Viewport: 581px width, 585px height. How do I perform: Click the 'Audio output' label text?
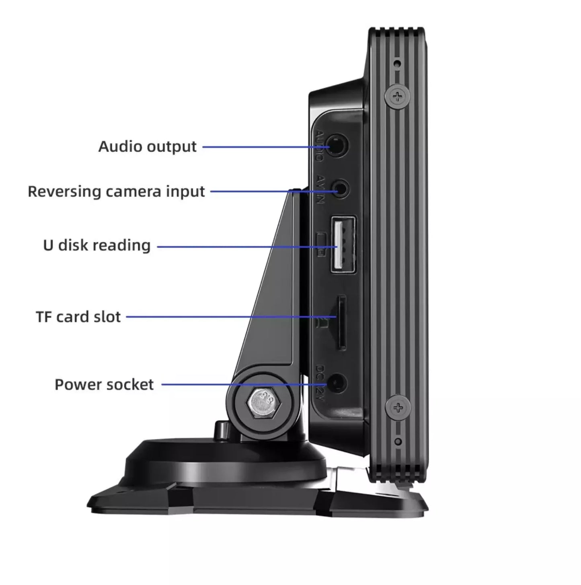pos(148,147)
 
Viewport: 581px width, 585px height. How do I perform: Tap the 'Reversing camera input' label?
pos(116,192)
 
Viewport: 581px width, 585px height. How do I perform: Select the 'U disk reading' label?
pos(97,245)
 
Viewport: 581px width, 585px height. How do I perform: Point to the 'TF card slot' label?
pos(78,317)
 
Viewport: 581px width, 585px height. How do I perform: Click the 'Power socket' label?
pos(104,385)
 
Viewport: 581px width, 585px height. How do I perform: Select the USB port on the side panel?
pos(343,245)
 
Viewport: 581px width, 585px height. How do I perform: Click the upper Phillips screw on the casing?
pos(398,96)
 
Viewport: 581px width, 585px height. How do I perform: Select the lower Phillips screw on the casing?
pos(398,408)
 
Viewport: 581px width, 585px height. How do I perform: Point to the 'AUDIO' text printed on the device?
pos(319,146)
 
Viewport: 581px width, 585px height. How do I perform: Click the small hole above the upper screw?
pos(397,63)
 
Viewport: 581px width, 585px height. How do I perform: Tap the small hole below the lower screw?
pos(398,442)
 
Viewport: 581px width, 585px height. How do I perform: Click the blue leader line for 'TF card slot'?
pos(229,317)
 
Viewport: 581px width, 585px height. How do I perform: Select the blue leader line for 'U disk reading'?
pos(245,247)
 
